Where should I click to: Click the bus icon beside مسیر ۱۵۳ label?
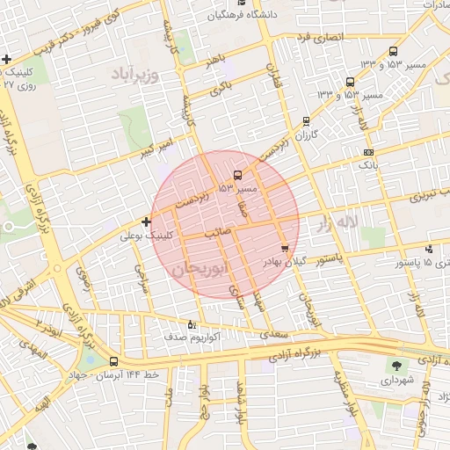(238, 175)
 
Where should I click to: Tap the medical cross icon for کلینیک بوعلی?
(146, 221)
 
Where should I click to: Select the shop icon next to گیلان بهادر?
(284, 249)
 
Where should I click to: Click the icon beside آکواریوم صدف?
(192, 323)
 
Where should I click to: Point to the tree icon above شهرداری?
(397, 365)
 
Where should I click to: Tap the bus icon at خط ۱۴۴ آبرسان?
(114, 361)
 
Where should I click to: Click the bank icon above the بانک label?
(368, 152)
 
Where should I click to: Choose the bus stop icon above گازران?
(306, 121)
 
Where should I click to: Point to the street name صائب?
(217, 235)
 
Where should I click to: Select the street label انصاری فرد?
(315, 39)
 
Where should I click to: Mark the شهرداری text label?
(400, 381)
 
